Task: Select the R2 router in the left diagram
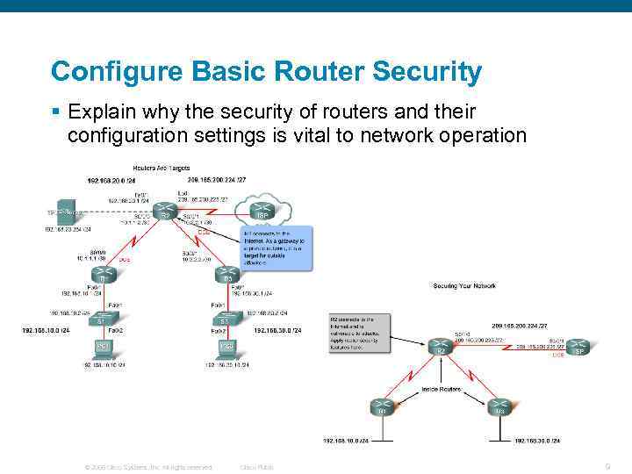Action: click(163, 212)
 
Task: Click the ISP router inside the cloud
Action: click(261, 212)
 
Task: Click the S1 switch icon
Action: click(104, 320)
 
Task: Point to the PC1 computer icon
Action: click(104, 348)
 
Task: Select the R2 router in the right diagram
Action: click(442, 348)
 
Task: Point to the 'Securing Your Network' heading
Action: click(465, 285)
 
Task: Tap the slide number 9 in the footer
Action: click(607, 466)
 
